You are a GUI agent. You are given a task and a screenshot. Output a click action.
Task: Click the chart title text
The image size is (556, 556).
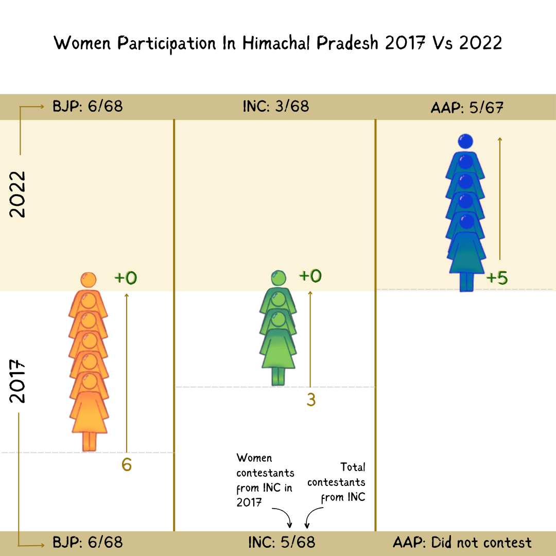[x=278, y=43]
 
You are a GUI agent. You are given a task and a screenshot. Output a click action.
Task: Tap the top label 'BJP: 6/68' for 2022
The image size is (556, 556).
[x=88, y=107]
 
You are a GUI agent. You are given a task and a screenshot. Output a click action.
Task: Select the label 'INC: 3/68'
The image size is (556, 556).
[x=276, y=107]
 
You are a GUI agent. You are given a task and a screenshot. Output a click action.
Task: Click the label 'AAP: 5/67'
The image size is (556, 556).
[x=466, y=108]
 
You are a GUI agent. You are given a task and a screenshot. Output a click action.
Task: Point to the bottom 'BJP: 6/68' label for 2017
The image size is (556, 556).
[x=88, y=542]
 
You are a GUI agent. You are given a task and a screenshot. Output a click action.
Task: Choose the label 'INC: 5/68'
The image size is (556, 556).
[x=281, y=542]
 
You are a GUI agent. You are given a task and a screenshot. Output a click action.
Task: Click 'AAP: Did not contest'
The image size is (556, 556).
[x=462, y=542]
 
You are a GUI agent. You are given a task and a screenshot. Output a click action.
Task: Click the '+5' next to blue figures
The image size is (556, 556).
[x=497, y=279]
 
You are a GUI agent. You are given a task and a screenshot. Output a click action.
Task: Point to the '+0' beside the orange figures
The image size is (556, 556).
[x=126, y=278]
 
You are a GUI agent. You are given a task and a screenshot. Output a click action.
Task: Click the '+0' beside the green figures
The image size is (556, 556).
[x=310, y=276]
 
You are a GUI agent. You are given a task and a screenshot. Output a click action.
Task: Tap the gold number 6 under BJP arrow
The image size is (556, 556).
[x=127, y=465]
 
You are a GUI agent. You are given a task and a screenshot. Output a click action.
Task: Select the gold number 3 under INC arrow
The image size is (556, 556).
[x=310, y=400]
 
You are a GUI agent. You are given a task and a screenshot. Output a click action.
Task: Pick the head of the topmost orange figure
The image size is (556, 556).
[x=89, y=280]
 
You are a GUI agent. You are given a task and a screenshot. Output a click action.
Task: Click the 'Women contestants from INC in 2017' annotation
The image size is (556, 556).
[x=265, y=480]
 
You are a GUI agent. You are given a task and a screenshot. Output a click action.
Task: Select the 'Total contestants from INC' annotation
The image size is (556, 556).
[x=338, y=482]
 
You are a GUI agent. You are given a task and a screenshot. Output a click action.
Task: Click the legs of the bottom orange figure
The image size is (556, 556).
[x=90, y=441]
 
